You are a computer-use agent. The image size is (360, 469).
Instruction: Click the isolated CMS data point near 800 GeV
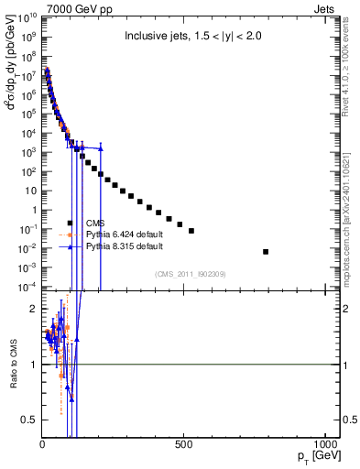[x=266, y=251]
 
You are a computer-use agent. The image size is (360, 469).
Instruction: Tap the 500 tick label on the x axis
[x=184, y=444]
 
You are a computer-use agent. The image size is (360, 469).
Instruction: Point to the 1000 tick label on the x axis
[x=324, y=444]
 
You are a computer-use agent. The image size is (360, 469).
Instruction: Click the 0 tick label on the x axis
[x=43, y=444]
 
